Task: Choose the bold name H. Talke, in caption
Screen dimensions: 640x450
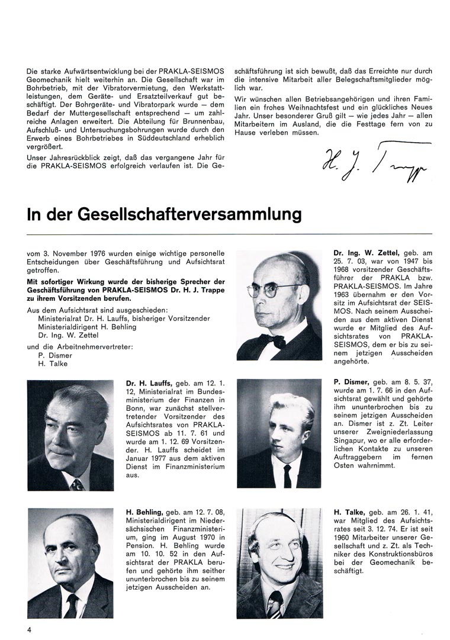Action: pyautogui.click(x=349, y=511)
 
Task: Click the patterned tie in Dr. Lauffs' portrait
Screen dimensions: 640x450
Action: pyautogui.click(x=76, y=484)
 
